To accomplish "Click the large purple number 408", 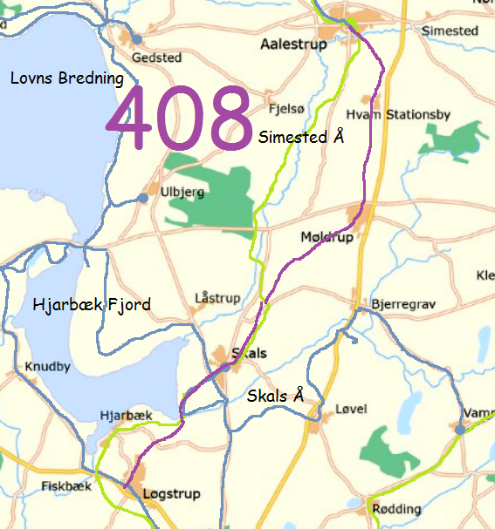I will tap(181, 118).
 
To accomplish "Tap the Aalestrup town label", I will tap(293, 44).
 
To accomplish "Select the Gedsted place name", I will tap(156, 58).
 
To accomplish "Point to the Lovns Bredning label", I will tap(67, 78).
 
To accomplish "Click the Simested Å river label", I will tap(302, 137).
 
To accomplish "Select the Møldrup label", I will tap(327, 237).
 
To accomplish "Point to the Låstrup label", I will tap(217, 298).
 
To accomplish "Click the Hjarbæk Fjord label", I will tap(91, 305).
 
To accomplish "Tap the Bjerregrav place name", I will tap(403, 304).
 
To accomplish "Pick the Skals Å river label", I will tap(276, 396).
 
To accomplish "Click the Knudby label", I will tap(48, 366).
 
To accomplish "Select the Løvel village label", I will tap(352, 409).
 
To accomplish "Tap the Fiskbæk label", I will tap(66, 486).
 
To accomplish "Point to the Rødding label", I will tap(396, 508).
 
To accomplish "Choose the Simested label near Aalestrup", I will tap(450, 31).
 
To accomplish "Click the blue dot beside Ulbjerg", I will tap(143, 199).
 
